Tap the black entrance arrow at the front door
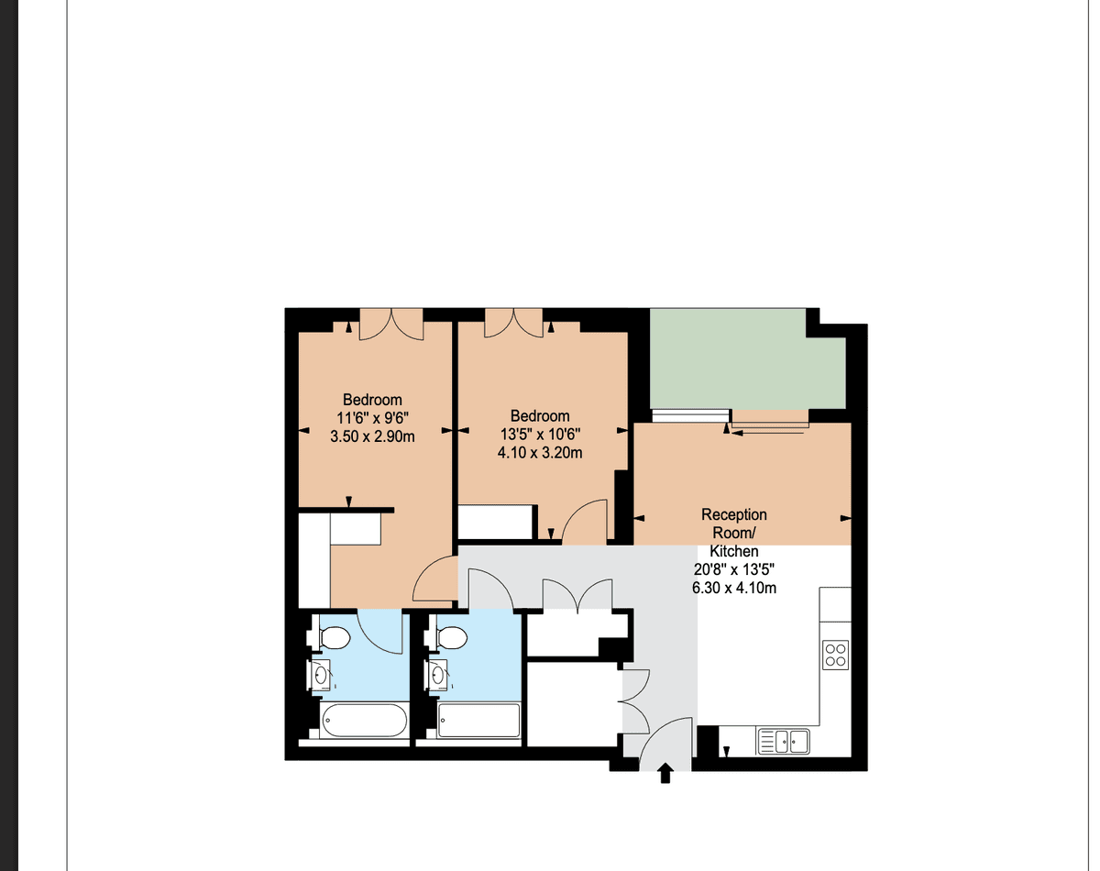click(x=665, y=773)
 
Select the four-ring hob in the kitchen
click(x=835, y=655)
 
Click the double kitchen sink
click(x=784, y=741)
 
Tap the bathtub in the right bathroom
click(x=478, y=721)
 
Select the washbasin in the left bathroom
click(x=319, y=675)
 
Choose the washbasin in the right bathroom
click(x=436, y=675)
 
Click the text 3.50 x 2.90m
click(x=372, y=436)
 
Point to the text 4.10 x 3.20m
click(x=540, y=453)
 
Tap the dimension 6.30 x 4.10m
click(x=734, y=588)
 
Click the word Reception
click(x=734, y=514)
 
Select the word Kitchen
click(x=734, y=551)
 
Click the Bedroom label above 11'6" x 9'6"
click(x=372, y=400)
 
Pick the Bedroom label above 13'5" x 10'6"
click(x=540, y=416)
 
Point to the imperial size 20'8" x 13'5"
click(x=734, y=569)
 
